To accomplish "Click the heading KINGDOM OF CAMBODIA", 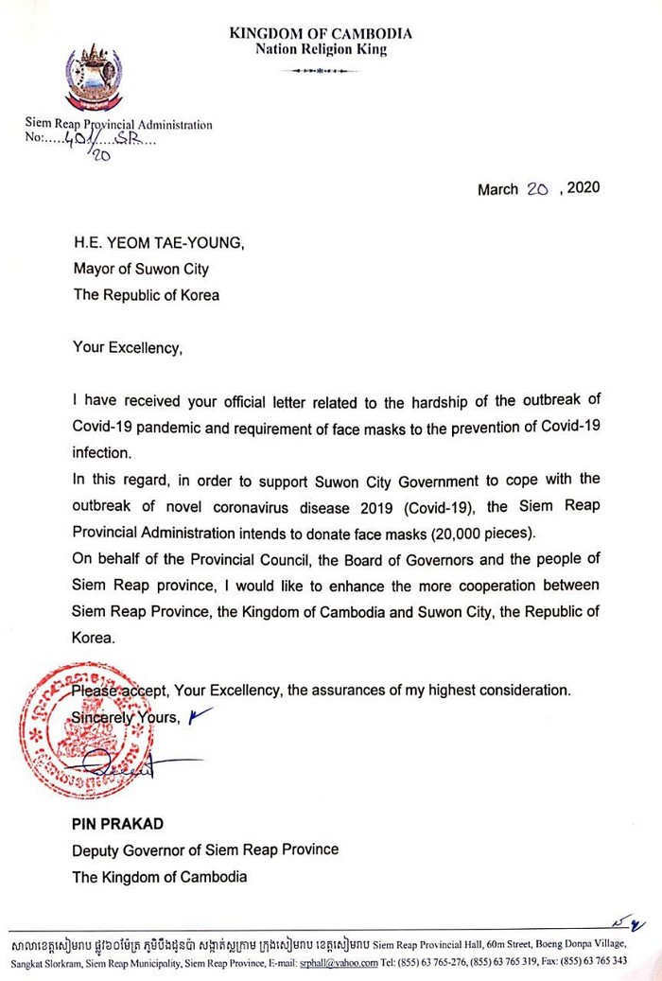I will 321,34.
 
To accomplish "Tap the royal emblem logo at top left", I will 93,77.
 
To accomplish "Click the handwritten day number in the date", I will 539,188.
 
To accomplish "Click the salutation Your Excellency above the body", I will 126,347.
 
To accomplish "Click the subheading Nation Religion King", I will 321,50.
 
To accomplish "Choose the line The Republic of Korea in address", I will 146,294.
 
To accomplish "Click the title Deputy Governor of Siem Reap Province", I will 205,850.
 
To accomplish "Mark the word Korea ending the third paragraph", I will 93,638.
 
